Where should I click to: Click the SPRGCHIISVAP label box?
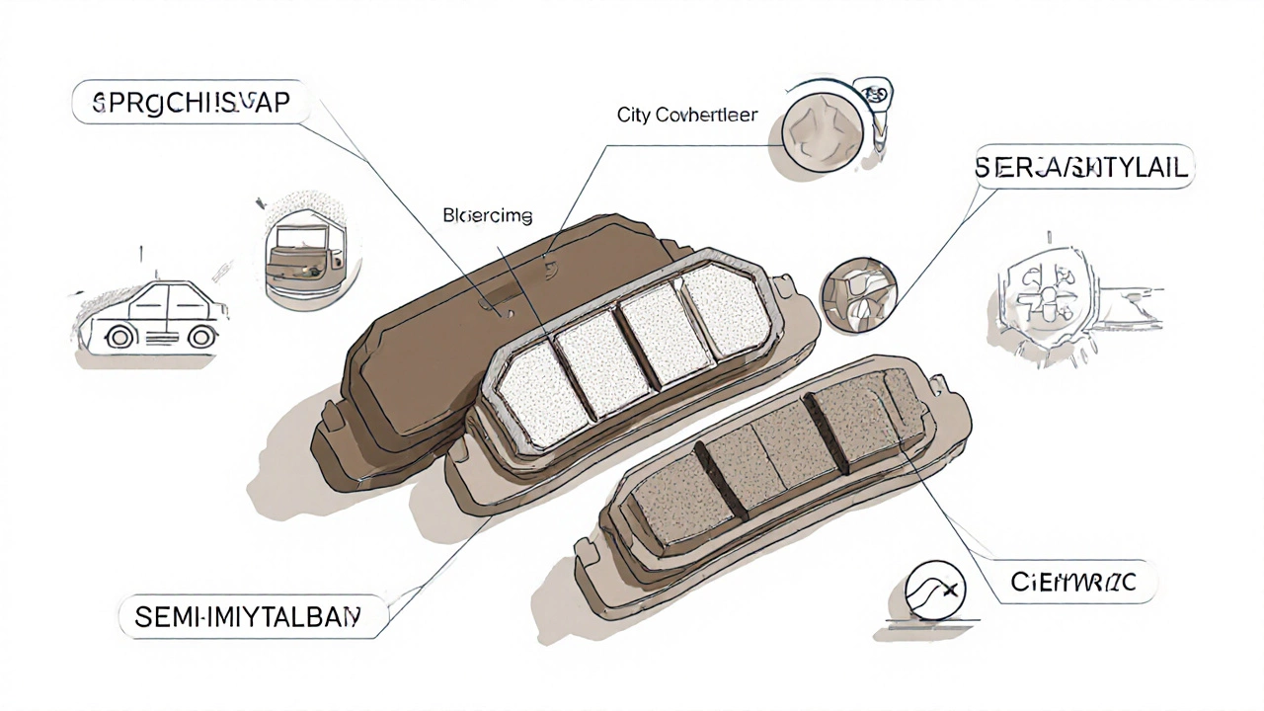(x=191, y=104)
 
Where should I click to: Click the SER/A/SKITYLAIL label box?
(x=1083, y=169)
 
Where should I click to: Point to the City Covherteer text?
(x=687, y=116)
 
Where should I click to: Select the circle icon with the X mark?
(x=934, y=589)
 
